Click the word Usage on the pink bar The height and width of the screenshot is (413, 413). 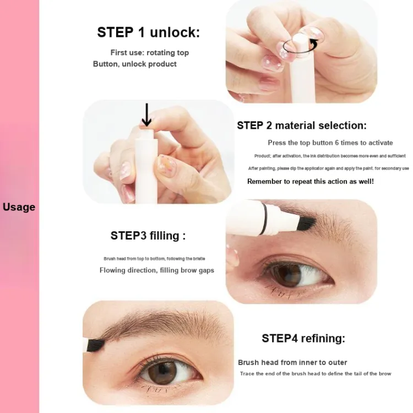point(19,207)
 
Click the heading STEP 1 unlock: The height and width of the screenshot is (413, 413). point(149,32)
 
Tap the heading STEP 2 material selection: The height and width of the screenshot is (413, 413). point(302,126)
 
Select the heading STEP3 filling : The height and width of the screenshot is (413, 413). point(148,236)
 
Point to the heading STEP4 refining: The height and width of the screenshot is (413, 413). point(303,338)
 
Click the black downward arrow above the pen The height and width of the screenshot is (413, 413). point(146,115)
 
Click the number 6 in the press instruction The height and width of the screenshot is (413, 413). point(337,143)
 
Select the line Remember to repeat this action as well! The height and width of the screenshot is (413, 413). point(311,182)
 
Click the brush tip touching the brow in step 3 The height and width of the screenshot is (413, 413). point(306,223)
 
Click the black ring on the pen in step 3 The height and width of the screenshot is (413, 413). point(265,218)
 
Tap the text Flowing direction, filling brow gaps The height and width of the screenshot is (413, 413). point(157,270)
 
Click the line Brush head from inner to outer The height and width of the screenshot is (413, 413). point(292,363)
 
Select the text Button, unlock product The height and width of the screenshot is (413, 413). point(135,64)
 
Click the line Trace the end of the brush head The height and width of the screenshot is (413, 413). point(316,373)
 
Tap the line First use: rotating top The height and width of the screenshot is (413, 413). point(150,53)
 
